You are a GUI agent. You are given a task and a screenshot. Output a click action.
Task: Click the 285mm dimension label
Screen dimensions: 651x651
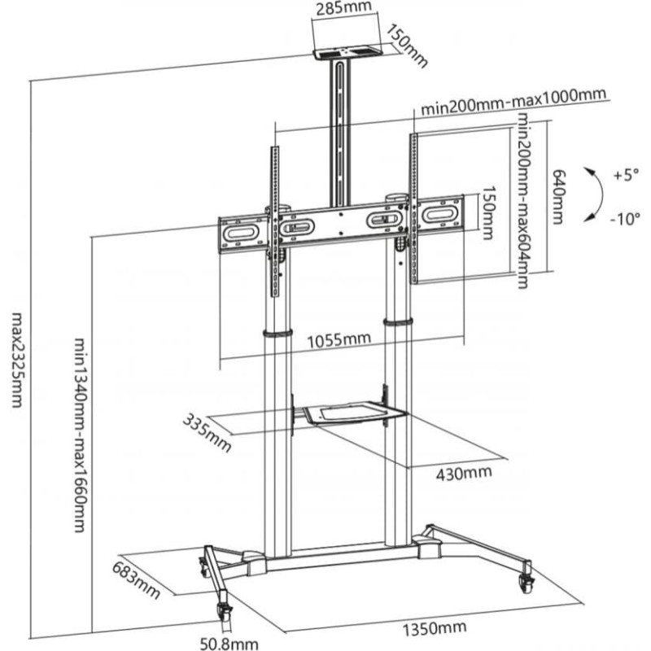[x=342, y=9]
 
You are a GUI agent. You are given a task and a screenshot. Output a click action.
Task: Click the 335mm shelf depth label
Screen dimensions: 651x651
[x=207, y=432]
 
